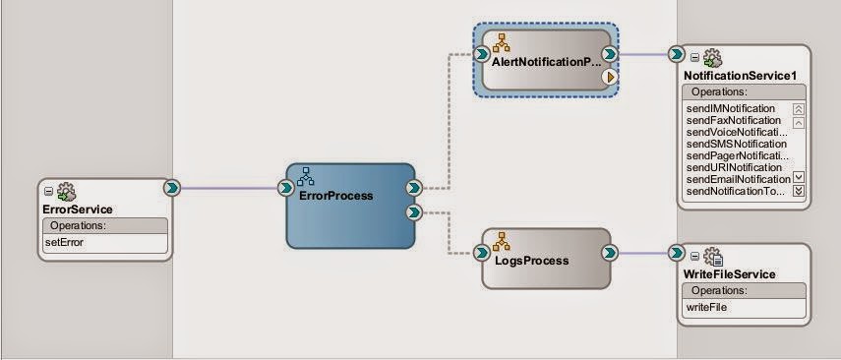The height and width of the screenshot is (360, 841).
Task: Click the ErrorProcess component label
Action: point(335,196)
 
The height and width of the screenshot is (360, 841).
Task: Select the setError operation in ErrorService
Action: point(64,243)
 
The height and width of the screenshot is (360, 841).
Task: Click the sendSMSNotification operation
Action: point(737,144)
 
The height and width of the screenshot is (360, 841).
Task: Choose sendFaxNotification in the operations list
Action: point(733,120)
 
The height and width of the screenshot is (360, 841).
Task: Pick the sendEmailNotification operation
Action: point(738,179)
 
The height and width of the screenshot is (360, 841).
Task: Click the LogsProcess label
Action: point(531,261)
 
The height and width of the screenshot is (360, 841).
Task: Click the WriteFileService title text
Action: point(730,274)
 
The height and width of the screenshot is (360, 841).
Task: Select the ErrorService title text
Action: point(78,210)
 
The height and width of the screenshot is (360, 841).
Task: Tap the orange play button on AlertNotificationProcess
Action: point(609,77)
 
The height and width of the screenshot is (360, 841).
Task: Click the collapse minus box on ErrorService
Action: point(49,191)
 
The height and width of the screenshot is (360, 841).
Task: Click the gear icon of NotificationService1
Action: point(712,57)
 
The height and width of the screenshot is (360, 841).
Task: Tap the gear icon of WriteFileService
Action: point(713,257)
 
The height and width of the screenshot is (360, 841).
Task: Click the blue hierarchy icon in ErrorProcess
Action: point(305,176)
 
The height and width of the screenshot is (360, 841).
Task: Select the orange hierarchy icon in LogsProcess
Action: point(502,241)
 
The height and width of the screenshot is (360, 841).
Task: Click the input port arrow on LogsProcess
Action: point(481,253)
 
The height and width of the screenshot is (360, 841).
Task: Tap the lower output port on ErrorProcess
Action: point(413,212)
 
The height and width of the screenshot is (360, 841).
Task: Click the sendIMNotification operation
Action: point(731,109)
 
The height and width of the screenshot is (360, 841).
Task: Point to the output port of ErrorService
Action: point(172,188)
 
